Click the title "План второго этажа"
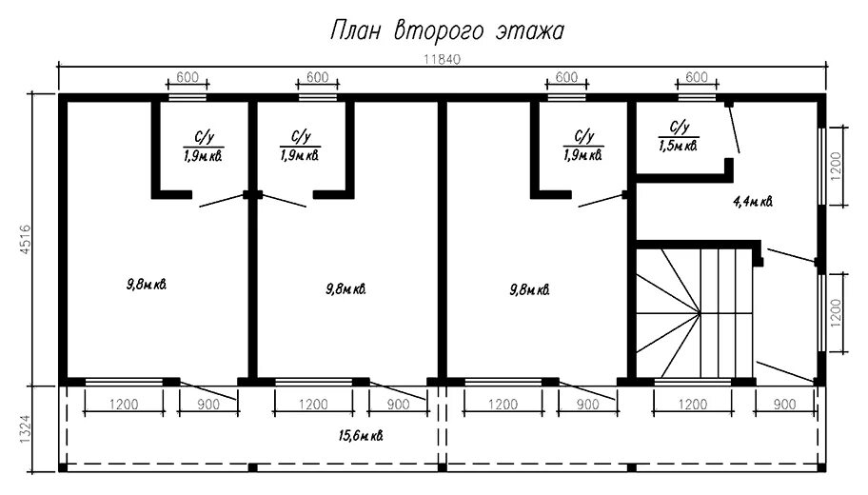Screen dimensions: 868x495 point(447,31)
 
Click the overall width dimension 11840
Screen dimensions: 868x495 point(442,59)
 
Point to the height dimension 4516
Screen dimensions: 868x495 point(26,240)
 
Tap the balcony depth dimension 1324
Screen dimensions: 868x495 point(26,429)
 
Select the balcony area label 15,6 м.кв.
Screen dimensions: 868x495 point(361,436)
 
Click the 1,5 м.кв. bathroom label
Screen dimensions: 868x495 point(678,146)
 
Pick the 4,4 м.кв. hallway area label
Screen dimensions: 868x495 point(753,202)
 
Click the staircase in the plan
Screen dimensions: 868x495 point(695,313)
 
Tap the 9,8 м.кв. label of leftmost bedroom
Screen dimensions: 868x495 point(147,286)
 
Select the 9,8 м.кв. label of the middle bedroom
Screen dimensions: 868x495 point(346,289)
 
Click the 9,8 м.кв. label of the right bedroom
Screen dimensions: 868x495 point(530,289)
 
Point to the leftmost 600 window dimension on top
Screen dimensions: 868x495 point(187,77)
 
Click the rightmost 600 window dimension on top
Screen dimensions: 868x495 point(697,77)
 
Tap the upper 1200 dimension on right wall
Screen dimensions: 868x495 point(836,166)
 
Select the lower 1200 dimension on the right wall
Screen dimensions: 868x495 point(836,313)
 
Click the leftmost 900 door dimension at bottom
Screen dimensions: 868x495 point(208,405)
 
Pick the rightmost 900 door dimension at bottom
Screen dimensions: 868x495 point(784,405)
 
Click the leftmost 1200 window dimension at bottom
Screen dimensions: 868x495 point(124,405)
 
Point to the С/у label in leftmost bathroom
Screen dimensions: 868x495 point(204,137)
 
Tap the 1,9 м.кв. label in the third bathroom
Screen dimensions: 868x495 point(582,155)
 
